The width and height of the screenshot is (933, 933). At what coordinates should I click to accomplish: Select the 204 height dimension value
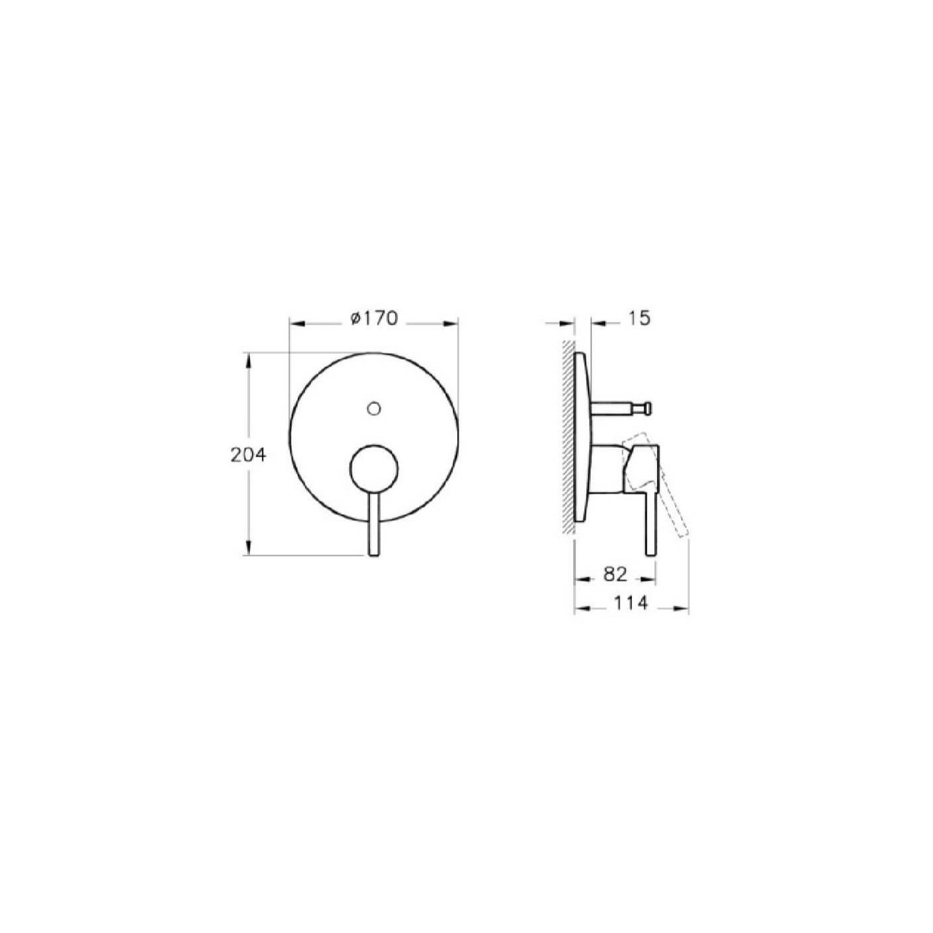249,455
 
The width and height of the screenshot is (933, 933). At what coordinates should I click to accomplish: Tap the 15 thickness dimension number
638,319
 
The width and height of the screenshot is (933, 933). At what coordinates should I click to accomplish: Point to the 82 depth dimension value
615,574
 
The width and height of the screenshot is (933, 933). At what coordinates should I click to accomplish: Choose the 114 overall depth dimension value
630,603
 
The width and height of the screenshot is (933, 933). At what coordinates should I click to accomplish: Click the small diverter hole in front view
375,407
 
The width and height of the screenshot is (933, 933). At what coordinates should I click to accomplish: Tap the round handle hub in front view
374,470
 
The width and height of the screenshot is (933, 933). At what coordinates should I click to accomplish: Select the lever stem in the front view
374,526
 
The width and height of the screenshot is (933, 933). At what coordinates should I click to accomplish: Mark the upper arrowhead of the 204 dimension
249,360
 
